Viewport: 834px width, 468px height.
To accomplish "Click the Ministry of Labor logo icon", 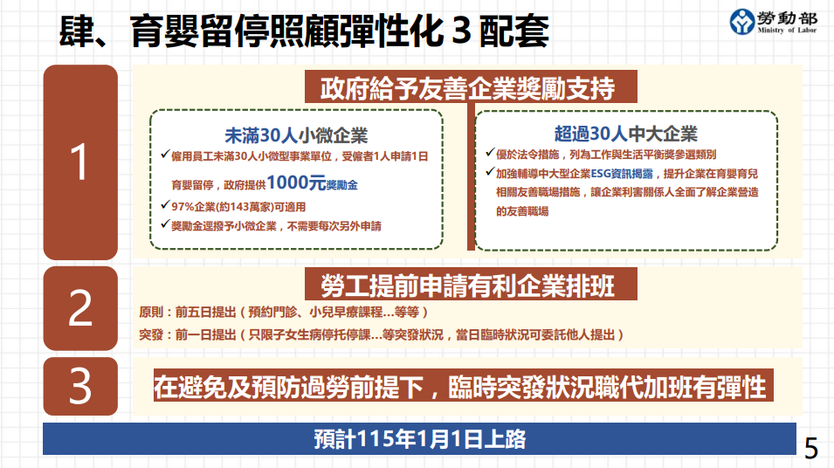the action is (742, 22).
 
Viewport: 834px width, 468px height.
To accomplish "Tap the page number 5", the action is (811, 449).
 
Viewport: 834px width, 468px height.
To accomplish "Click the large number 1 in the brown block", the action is (79, 162).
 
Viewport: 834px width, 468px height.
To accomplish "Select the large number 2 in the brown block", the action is (80, 307).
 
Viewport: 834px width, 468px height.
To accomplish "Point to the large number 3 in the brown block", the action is (80, 386).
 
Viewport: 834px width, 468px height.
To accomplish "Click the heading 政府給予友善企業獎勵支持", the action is (467, 87).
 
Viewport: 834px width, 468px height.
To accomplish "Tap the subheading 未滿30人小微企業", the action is (296, 135).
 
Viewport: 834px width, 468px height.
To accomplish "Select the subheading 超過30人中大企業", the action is (625, 134).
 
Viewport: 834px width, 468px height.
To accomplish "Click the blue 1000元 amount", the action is (296, 182).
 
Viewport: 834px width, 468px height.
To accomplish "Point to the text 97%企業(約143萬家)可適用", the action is (238, 207).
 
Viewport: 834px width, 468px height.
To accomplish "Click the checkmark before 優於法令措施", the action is (490, 153).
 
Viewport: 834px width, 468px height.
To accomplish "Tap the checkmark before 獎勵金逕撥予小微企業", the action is (165, 224).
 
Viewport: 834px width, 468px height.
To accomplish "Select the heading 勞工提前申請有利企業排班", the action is (467, 286).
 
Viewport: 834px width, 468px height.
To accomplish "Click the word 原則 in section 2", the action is (150, 312).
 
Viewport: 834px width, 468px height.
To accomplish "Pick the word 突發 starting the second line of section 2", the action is (150, 334).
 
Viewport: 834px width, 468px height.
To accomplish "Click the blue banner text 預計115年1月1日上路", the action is (420, 439).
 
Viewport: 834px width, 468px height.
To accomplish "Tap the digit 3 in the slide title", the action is (461, 31).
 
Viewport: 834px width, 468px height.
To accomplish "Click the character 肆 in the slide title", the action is (77, 31).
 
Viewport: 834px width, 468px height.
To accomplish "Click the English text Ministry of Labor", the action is (787, 31).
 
